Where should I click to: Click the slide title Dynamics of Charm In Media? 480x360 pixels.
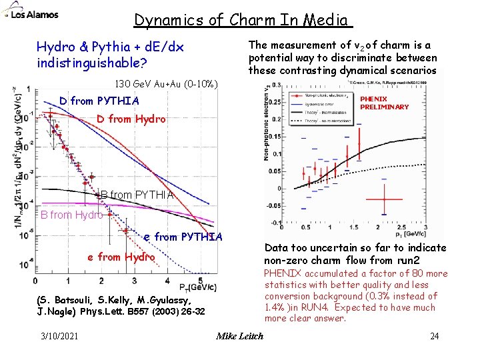[242, 20]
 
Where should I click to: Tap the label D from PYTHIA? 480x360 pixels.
[99, 101]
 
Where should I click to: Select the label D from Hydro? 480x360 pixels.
[131, 119]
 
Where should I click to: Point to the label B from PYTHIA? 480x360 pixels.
[137, 195]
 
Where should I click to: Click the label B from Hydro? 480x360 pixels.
[71, 215]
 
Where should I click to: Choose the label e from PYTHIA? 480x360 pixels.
[183, 237]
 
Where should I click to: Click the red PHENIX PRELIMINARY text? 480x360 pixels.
[384, 103]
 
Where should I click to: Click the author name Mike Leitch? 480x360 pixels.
[239, 335]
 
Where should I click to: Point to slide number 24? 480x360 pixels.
[435, 335]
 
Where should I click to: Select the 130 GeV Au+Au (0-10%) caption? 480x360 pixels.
[166, 85]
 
